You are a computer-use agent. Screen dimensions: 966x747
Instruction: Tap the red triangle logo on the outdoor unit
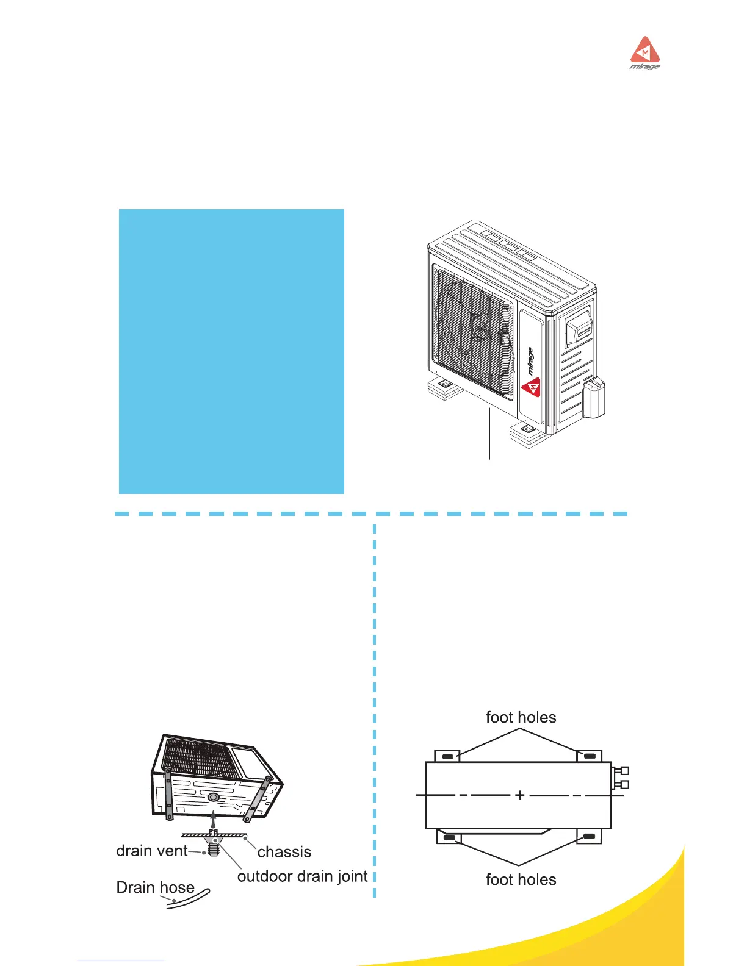click(x=532, y=387)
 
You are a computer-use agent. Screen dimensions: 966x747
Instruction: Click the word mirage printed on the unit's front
click(x=530, y=361)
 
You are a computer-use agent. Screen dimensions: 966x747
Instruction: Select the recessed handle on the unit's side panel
click(x=578, y=329)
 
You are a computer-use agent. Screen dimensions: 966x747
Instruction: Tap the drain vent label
click(x=152, y=851)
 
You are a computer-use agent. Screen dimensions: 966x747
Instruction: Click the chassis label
click(x=284, y=852)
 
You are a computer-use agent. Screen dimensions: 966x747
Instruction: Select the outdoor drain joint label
click(x=302, y=876)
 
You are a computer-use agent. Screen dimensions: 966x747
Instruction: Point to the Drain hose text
click(x=155, y=887)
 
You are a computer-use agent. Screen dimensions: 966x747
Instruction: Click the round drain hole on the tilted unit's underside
click(x=213, y=797)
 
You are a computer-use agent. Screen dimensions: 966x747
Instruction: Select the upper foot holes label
click(x=521, y=717)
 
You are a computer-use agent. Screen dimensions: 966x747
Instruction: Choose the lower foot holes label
click(x=521, y=879)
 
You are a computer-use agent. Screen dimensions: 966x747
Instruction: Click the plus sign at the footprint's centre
click(x=519, y=795)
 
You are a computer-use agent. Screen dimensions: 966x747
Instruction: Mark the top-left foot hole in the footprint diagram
click(x=447, y=757)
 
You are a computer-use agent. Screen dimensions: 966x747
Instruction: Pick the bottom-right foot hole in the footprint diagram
click(x=589, y=837)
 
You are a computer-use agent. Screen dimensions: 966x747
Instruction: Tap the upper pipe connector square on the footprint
click(x=624, y=771)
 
